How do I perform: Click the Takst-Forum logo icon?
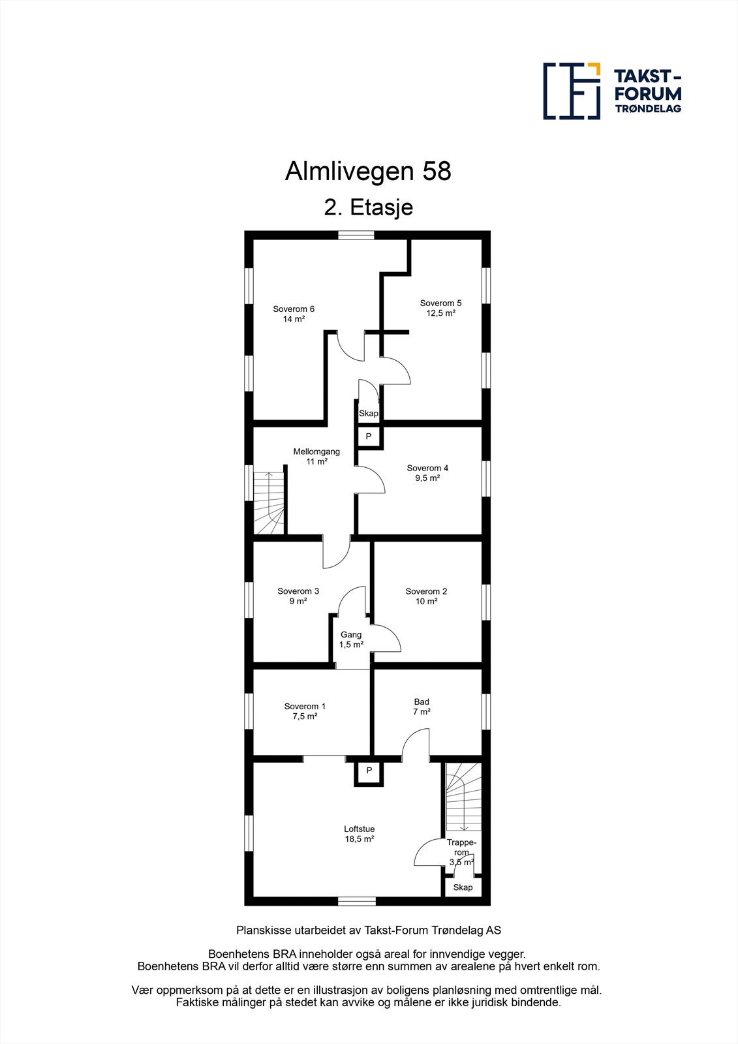tap(572, 91)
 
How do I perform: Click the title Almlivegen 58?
tap(368, 172)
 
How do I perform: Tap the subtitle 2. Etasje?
tap(368, 207)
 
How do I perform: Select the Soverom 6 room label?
tap(294, 314)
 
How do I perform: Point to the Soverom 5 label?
tap(440, 308)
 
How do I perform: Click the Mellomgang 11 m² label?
tap(316, 456)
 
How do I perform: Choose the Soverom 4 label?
tap(427, 472)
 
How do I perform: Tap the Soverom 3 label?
tap(298, 596)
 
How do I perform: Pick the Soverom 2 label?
tap(426, 596)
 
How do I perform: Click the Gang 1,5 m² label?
tap(351, 639)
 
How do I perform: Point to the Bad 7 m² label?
tap(422, 707)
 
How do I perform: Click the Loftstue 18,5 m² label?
tap(360, 834)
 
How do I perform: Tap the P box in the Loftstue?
tap(369, 771)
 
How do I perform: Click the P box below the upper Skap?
tap(369, 436)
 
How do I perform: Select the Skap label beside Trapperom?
tap(463, 887)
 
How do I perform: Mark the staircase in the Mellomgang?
tap(269, 502)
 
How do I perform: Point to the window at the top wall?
tap(356, 236)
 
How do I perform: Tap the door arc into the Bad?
tap(416, 745)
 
